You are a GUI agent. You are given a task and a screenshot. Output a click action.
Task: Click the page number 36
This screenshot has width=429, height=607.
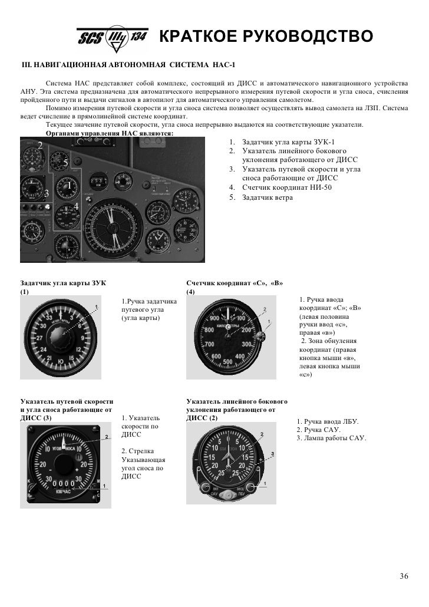(x=404, y=576)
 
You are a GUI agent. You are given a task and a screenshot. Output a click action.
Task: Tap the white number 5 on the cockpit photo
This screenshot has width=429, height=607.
(x=65, y=163)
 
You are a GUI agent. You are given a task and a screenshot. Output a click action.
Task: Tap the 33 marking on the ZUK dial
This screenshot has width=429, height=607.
(x=49, y=318)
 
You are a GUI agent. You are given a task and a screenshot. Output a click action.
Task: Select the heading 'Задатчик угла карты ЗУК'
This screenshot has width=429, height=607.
(x=63, y=283)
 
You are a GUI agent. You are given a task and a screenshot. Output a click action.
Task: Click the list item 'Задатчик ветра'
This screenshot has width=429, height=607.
(x=267, y=197)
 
